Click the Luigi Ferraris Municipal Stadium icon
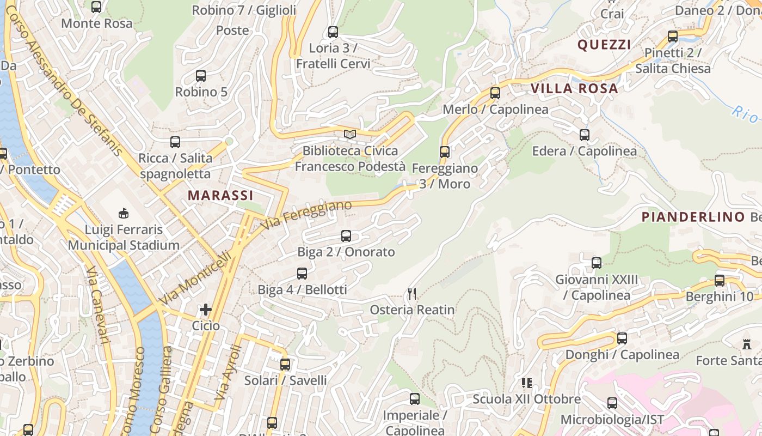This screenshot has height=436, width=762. point(124,213)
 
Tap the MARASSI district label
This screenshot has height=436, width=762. point(220,195)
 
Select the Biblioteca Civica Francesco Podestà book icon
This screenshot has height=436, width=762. point(349,134)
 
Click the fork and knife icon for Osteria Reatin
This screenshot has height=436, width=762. point(412,294)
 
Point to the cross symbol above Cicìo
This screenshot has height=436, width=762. point(205,310)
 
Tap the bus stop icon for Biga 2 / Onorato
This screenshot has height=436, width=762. point(346,236)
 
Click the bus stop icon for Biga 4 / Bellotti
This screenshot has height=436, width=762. point(302,274)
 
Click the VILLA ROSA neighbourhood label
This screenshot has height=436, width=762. point(574,88)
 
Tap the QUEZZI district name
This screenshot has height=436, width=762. point(604,45)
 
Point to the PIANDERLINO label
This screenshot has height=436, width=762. point(693,217)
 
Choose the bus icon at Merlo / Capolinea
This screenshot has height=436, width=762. point(495,93)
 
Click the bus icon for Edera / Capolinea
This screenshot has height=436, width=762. point(585,135)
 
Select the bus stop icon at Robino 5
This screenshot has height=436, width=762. point(201,76)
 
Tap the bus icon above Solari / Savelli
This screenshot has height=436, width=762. point(285,365)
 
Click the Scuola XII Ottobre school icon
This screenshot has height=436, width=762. point(526,383)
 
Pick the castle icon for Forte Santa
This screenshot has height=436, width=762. point(746,344)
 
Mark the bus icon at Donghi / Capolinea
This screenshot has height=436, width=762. point(622,338)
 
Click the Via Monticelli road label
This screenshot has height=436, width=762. point(200,278)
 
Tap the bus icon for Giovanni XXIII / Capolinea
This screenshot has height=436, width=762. point(597,263)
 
